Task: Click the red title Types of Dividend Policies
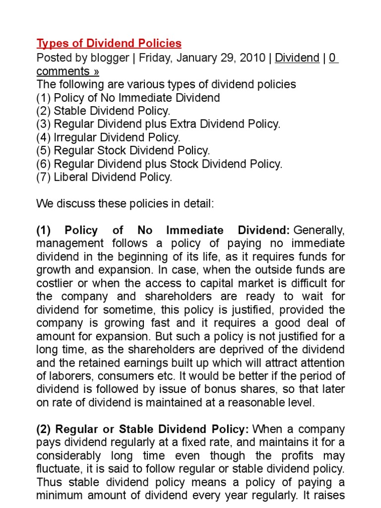click(109, 44)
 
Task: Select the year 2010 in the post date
click(253, 58)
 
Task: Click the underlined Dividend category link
click(297, 58)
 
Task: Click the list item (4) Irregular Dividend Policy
click(109, 137)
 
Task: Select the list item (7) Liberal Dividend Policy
click(104, 177)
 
